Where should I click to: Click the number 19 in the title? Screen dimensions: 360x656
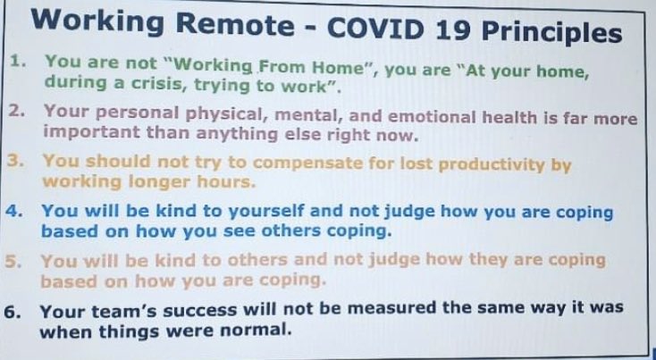pyautogui.click(x=451, y=32)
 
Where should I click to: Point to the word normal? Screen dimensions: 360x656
pyautogui.click(x=253, y=330)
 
